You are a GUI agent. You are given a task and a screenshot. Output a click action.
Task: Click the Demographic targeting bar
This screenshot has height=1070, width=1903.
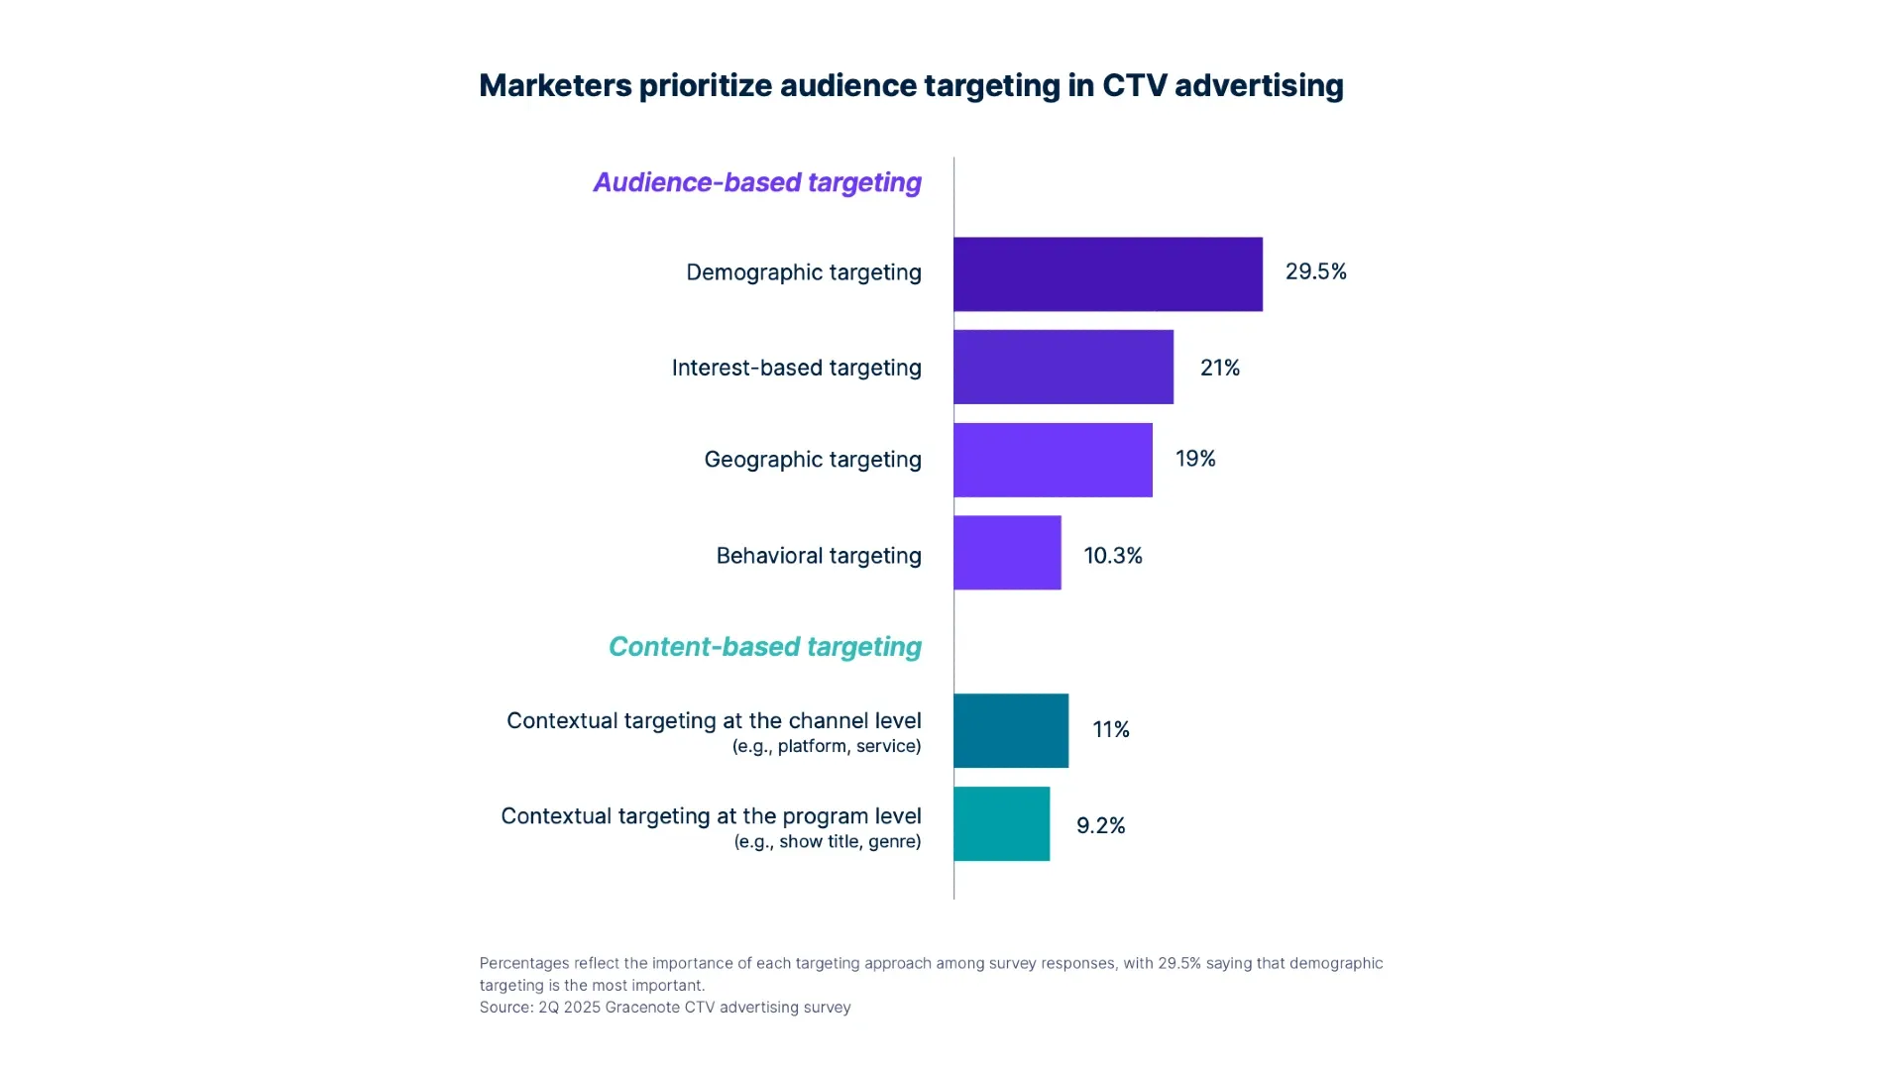[x=1107, y=274]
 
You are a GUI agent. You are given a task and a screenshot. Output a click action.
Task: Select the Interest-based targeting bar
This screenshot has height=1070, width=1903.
[x=1063, y=368]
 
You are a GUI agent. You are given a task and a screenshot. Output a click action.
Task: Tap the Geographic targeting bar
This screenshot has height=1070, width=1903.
[x=1053, y=460]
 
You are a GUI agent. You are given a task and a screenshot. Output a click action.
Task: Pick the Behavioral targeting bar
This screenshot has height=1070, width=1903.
[x=1007, y=553]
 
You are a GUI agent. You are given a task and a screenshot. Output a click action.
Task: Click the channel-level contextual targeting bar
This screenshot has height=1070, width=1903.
[x=1011, y=731]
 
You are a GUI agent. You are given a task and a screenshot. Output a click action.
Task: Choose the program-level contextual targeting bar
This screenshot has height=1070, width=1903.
[x=1001, y=824]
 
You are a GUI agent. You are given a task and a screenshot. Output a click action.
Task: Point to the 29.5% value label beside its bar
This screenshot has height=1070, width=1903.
[x=1315, y=271]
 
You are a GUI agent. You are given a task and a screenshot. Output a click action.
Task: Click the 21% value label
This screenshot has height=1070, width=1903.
[x=1219, y=368]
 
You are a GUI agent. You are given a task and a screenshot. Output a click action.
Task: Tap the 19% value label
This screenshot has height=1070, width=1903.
[x=1195, y=459]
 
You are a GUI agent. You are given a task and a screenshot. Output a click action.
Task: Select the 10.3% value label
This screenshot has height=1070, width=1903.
[x=1113, y=556]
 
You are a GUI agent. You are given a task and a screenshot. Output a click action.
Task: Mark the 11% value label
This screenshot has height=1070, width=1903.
[x=1110, y=730]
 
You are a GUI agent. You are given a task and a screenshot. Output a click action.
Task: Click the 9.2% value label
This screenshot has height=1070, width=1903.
[x=1100, y=826]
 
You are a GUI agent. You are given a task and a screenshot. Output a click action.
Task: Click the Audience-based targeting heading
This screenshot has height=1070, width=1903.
[x=757, y=182]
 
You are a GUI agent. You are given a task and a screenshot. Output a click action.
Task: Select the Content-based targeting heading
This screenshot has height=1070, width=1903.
[x=764, y=647]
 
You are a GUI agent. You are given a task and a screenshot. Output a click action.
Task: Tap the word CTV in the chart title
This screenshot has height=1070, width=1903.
[x=1134, y=85]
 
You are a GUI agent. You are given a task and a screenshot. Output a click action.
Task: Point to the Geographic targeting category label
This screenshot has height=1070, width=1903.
[x=813, y=460]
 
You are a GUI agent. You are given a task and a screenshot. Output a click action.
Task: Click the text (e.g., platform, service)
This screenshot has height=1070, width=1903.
[x=827, y=747]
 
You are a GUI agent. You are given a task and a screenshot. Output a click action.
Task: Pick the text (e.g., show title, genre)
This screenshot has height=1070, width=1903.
[x=828, y=842]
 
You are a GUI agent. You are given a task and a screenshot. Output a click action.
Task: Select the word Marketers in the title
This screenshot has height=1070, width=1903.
[x=555, y=85]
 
